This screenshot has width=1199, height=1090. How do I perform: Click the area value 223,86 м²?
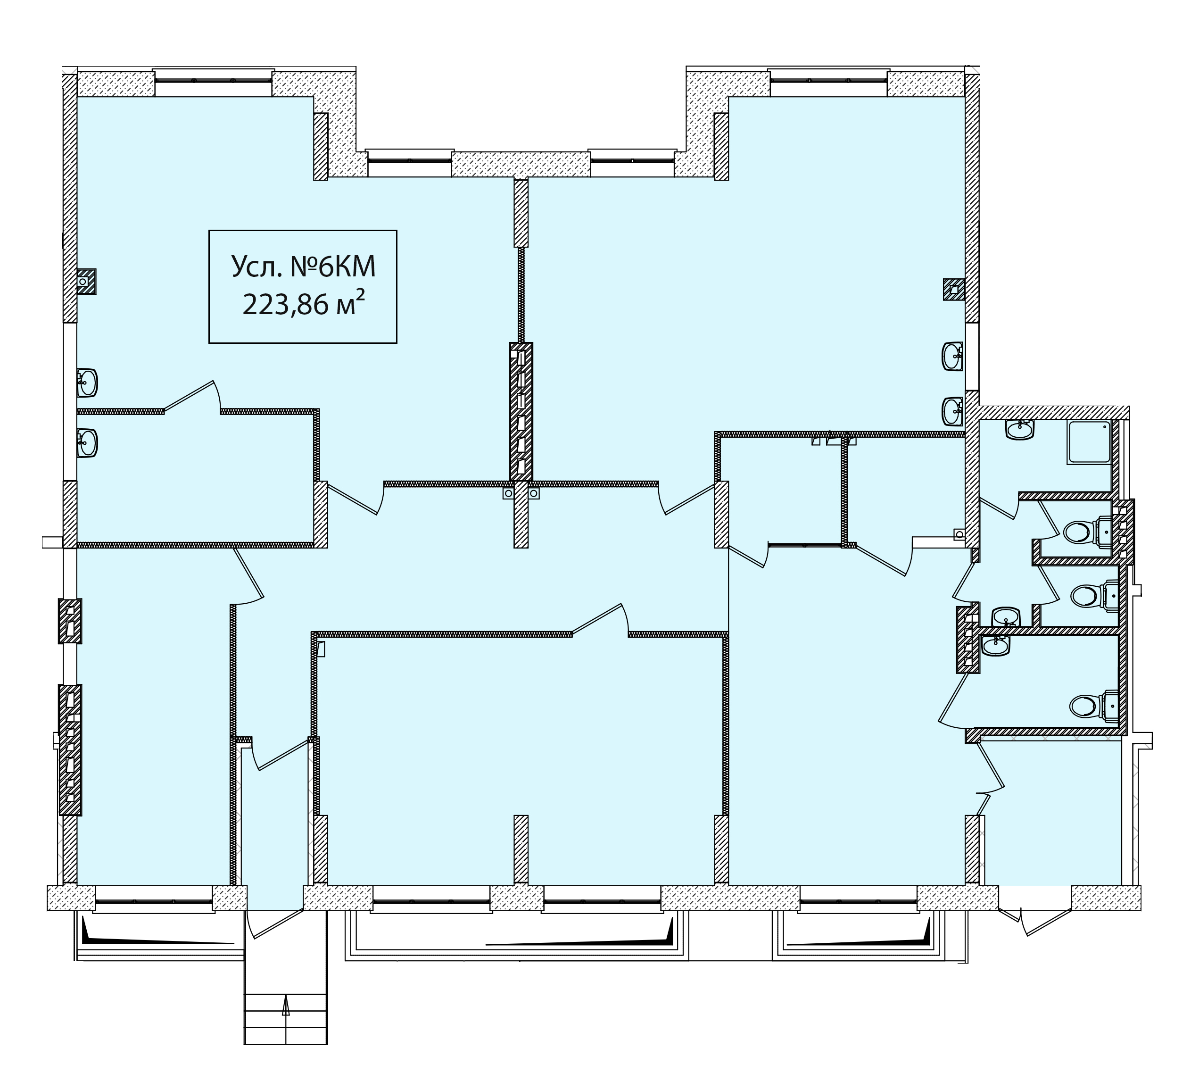[303, 305]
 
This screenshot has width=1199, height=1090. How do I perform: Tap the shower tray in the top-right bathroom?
[1089, 442]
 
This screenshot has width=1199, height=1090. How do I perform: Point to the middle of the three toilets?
[1094, 594]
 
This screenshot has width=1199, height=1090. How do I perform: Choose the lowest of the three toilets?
[1093, 705]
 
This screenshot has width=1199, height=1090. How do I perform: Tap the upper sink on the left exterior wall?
[87, 383]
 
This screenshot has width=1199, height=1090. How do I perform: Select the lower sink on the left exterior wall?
[87, 443]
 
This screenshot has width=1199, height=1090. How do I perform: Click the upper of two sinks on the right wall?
[953, 357]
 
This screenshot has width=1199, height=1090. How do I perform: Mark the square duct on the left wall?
[87, 282]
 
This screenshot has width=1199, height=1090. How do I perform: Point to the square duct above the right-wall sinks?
[954, 290]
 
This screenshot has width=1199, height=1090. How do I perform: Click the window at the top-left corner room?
[213, 81]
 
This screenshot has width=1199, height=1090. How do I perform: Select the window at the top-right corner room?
[828, 81]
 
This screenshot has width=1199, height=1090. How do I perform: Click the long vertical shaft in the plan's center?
[521, 412]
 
